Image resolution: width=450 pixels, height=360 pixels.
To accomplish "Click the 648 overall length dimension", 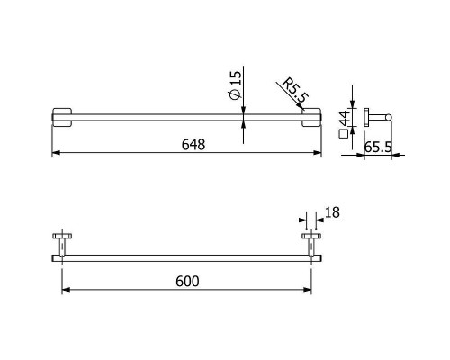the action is [193, 145].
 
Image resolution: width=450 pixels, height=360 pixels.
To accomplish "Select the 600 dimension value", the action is [187, 282].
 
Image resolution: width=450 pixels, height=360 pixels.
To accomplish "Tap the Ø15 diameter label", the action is [235, 85].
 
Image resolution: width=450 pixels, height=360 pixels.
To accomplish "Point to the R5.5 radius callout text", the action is [295, 90].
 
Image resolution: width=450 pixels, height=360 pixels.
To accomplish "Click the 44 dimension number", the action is [345, 118].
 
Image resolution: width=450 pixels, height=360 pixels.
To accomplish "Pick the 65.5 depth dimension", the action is [378, 148].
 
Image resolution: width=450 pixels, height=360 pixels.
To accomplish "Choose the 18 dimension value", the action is [332, 212].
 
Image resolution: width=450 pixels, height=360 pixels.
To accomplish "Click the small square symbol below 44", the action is [343, 134].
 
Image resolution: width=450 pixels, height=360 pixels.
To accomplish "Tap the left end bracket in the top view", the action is [62, 117].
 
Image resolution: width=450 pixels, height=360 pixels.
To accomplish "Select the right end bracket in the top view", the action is [311, 117].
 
